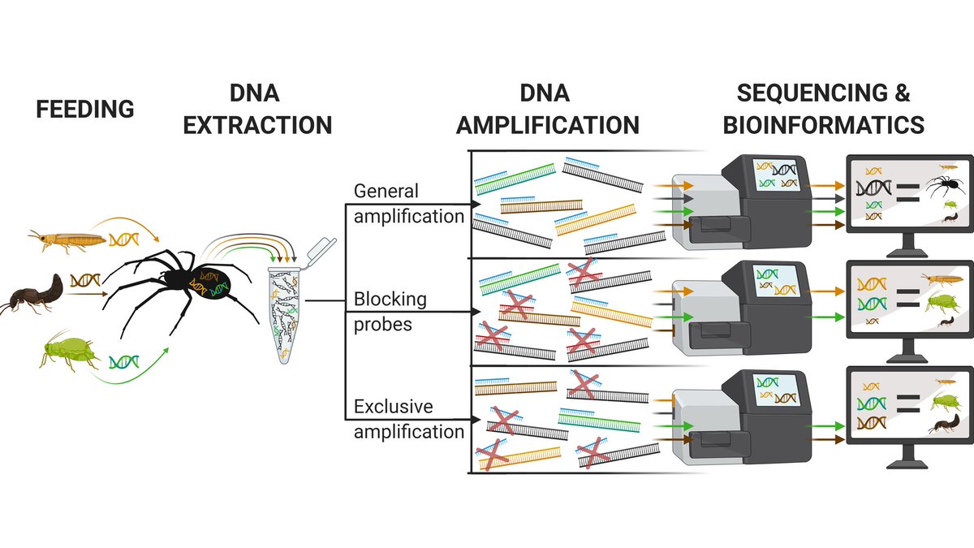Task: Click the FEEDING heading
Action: (x=84, y=109)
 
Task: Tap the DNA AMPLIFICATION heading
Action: (x=547, y=109)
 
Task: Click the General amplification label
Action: (x=407, y=204)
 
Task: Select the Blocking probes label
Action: (x=390, y=310)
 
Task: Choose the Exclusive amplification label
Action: (x=407, y=418)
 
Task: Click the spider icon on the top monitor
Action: (x=941, y=192)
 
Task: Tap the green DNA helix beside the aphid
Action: (x=123, y=360)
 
